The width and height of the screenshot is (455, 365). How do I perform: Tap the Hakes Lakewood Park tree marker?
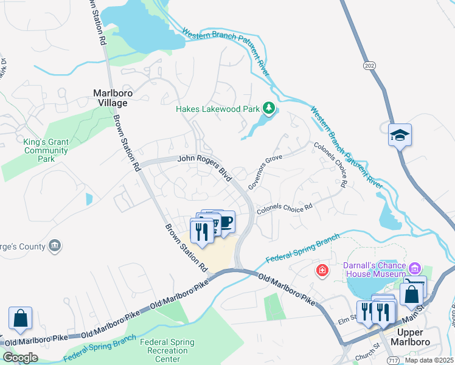(x=269, y=109)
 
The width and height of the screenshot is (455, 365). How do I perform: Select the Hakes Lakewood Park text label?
(x=217, y=109)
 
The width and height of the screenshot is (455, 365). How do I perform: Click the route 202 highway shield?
(x=369, y=64)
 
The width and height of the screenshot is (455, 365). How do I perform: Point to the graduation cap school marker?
(x=400, y=135)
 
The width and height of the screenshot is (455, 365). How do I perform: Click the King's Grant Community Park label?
(x=45, y=150)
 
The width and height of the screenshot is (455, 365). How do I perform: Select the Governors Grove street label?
(x=265, y=172)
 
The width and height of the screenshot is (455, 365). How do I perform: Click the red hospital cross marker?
(x=322, y=270)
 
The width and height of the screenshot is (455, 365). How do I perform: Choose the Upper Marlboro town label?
(x=422, y=337)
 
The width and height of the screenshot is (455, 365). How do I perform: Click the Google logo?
(x=20, y=358)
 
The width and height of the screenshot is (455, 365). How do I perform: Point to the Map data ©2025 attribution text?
(x=429, y=360)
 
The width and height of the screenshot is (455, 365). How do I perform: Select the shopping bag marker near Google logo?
(x=20, y=318)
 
